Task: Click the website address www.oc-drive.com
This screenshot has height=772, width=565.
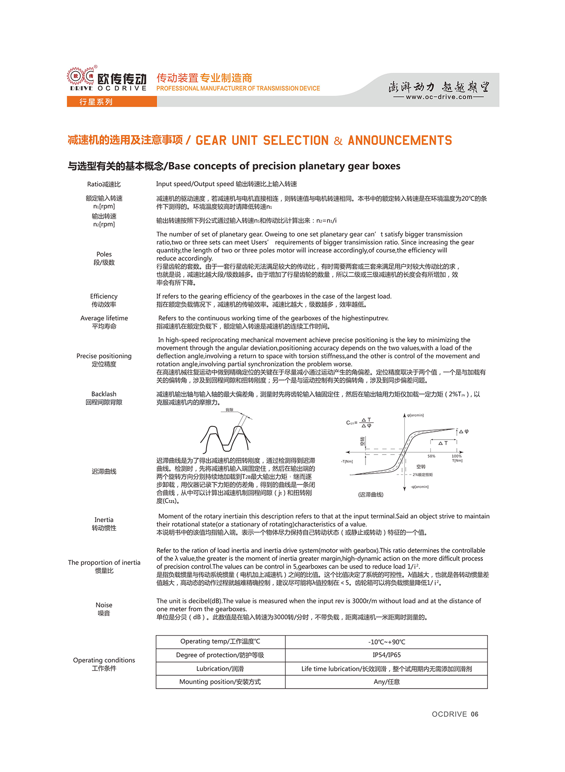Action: [439, 97]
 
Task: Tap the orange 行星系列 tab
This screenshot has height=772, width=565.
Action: [96, 102]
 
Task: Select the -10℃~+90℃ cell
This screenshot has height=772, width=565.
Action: [386, 642]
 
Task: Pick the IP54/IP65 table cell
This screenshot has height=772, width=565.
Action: [386, 655]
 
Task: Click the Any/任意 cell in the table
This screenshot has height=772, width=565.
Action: [386, 682]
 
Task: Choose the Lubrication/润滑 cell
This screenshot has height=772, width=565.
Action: [220, 669]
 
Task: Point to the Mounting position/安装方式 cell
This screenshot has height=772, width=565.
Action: [220, 682]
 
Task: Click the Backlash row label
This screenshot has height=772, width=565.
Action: [104, 394]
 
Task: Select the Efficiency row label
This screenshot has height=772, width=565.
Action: [104, 297]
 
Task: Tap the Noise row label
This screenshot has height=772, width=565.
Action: [104, 605]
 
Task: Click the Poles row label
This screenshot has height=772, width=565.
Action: [104, 255]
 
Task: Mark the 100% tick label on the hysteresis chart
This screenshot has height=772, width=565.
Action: [456, 456]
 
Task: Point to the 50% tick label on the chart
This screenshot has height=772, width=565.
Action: [431, 456]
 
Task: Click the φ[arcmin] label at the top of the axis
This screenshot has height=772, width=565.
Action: [416, 415]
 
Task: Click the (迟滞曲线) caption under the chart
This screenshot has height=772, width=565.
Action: [371, 495]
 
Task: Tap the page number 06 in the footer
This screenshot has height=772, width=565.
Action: [475, 714]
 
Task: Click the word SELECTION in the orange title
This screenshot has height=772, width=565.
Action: [296, 141]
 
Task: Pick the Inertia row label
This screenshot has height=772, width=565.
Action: [104, 520]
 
